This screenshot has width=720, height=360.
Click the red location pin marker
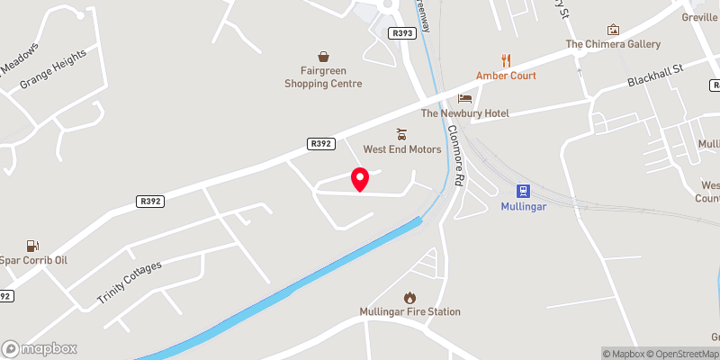[x=359, y=180]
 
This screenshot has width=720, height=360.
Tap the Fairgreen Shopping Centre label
[x=323, y=77]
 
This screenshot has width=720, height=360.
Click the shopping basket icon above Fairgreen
[x=323, y=57]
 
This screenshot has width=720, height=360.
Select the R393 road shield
[x=402, y=33]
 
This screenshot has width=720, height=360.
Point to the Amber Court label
[x=507, y=76]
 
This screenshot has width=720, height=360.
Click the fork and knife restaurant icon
[x=507, y=60]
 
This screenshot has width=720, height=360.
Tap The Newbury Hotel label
[x=465, y=113]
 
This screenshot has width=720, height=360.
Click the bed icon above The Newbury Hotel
[x=465, y=98]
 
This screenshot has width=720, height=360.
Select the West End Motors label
[x=402, y=149]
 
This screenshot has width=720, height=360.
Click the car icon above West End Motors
[x=402, y=133]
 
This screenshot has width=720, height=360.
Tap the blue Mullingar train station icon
[x=523, y=191]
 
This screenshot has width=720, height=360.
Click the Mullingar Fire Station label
[x=410, y=312]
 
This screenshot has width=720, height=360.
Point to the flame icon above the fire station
[x=410, y=296]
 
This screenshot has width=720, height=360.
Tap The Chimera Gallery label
[x=613, y=44]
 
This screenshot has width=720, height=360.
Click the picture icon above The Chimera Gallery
[x=614, y=30]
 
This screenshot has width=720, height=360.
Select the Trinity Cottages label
[x=129, y=281]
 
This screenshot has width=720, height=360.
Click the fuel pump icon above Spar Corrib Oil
[x=33, y=245]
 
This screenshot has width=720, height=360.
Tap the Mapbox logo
[x=40, y=348]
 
